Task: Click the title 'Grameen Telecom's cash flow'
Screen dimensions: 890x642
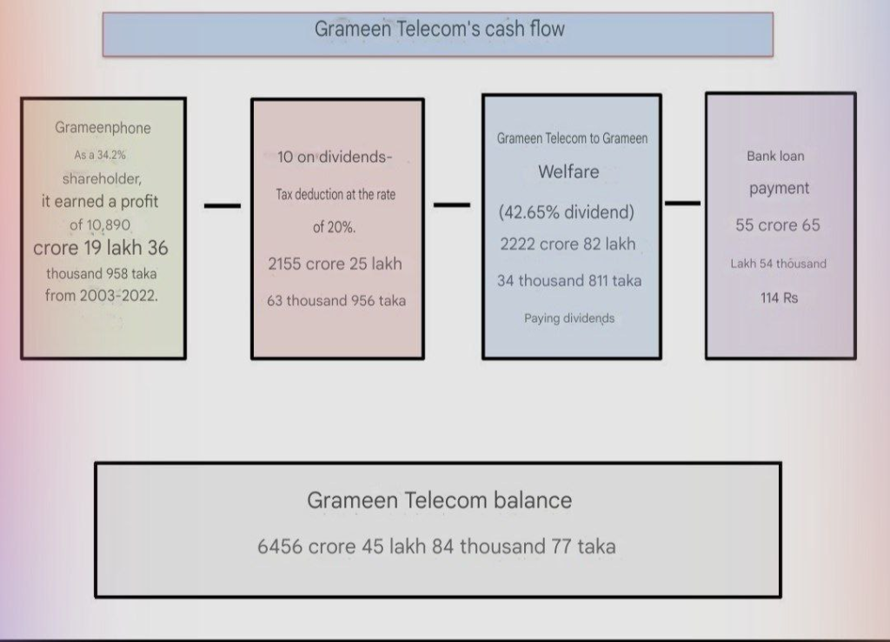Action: click(439, 29)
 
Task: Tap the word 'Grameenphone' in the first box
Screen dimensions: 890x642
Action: click(103, 128)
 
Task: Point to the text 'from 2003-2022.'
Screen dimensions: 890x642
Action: click(102, 296)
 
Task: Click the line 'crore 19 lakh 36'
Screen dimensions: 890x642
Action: click(101, 248)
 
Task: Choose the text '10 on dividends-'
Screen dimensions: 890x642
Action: click(335, 157)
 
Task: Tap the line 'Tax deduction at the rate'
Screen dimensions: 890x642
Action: click(335, 194)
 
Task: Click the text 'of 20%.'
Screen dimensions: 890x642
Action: click(335, 227)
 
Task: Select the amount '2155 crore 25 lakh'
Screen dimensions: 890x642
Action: click(335, 264)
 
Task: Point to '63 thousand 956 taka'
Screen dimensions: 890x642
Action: click(336, 300)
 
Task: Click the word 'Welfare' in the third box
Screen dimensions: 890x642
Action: click(568, 171)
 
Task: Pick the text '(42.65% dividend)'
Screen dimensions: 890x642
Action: click(567, 212)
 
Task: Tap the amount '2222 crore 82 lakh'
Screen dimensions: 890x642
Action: click(568, 244)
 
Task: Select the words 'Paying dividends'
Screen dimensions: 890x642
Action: click(569, 318)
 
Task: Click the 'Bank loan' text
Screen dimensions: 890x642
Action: click(775, 157)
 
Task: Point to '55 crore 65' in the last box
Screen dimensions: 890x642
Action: click(778, 225)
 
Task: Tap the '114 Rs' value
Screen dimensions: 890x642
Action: click(780, 298)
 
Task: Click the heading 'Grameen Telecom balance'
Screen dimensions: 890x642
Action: click(439, 500)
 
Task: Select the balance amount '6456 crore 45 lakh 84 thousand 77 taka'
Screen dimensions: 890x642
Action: click(436, 546)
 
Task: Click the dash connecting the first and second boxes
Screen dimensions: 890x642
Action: click(222, 205)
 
